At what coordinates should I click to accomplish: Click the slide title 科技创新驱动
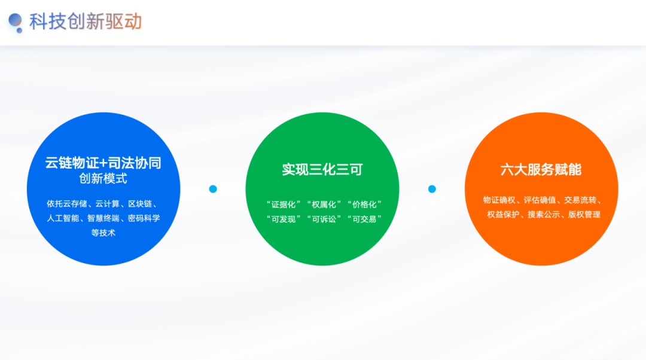[86, 22]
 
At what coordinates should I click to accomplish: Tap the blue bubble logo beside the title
[16, 23]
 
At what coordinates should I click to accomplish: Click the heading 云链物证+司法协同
[103, 163]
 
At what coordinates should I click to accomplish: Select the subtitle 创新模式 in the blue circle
[103, 179]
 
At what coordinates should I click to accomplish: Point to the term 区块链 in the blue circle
[140, 204]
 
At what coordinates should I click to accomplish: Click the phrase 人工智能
[63, 218]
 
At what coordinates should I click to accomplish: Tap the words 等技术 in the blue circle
[103, 233]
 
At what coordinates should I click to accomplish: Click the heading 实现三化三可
[322, 170]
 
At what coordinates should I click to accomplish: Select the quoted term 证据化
[284, 205]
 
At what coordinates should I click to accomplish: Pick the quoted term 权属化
[324, 205]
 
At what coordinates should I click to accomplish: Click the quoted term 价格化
[364, 205]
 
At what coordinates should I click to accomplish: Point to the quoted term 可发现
[284, 219]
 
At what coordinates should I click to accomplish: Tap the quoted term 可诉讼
[324, 219]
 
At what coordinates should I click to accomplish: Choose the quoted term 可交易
[364, 219]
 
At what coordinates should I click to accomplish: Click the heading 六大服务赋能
[541, 170]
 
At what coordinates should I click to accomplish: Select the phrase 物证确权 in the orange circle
[499, 200]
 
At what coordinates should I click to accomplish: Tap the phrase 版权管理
[584, 215]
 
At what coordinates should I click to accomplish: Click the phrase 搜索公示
[544, 215]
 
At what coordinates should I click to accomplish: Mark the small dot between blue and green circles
[213, 189]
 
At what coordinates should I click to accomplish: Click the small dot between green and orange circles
[432, 189]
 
